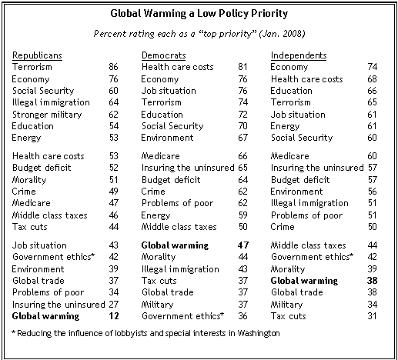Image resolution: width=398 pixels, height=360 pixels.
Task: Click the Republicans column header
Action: tap(37, 55)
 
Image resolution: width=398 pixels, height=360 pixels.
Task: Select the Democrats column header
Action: tap(164, 55)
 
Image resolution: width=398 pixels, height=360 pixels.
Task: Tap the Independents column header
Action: tap(299, 55)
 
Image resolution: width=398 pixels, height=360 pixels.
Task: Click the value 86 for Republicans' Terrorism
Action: tap(113, 67)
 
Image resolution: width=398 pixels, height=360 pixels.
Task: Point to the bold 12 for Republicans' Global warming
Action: tap(114, 316)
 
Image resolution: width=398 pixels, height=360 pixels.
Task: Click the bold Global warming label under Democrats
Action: tap(175, 245)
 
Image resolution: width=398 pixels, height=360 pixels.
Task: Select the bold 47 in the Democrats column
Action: tap(243, 245)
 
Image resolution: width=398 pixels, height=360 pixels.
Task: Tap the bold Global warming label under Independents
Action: tap(304, 281)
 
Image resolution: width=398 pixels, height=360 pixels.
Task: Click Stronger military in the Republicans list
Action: tap(47, 115)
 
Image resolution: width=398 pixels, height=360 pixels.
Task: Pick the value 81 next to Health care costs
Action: tap(242, 67)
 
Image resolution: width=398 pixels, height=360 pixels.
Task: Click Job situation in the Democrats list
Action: tap(169, 91)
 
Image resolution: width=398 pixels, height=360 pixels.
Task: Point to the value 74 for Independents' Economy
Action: tap(373, 67)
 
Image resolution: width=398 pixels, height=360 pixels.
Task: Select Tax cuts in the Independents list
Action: tap(289, 316)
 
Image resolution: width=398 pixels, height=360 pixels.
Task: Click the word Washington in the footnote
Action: tap(259, 333)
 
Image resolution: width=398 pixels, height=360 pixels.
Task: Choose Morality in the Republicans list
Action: tap(29, 180)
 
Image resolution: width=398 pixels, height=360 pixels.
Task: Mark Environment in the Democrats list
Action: tap(167, 138)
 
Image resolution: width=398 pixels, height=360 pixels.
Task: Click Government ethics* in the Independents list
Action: tap(312, 257)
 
